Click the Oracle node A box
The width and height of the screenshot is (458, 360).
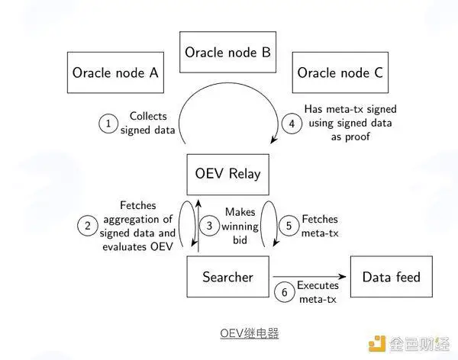(115, 72)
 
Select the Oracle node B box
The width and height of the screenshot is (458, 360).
(227, 52)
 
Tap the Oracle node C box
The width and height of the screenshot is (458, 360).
(340, 72)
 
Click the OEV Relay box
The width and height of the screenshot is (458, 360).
(227, 175)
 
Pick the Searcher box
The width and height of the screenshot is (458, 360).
(227, 277)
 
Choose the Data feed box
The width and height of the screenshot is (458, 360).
(392, 277)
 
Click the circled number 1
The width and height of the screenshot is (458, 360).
(108, 124)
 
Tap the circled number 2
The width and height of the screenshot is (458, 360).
(88, 226)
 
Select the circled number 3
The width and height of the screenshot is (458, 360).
(209, 226)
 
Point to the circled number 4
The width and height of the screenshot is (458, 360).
(292, 124)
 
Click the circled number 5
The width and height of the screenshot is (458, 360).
(289, 226)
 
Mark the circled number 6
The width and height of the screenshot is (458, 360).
(285, 292)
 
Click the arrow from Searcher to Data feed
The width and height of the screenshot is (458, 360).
(309, 277)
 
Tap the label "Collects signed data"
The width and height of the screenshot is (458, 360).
(148, 123)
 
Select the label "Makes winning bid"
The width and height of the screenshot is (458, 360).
(240, 226)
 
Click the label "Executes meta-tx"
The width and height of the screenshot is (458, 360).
(318, 292)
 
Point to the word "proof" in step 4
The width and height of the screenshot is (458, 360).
(359, 137)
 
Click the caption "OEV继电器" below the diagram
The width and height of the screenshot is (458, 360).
(250, 333)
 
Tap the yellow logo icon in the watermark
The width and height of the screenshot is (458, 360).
(377, 344)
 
